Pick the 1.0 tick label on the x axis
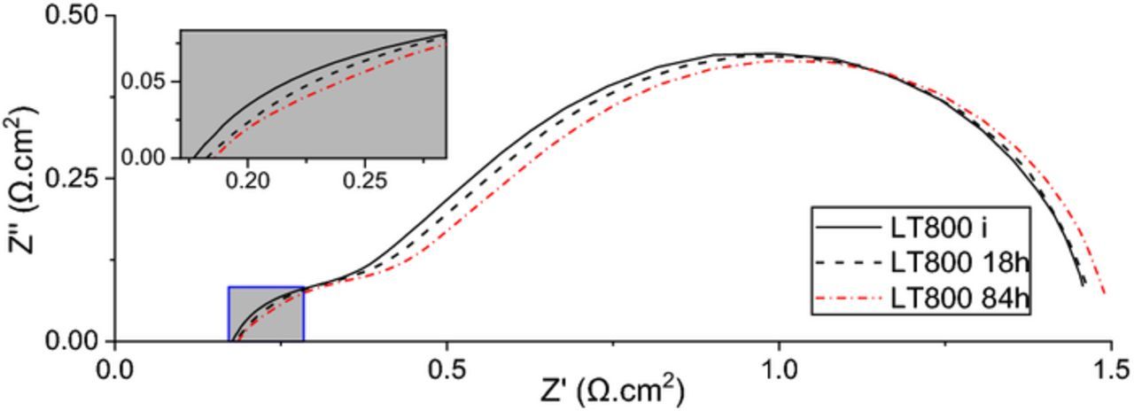click(778, 367)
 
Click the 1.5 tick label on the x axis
click(1109, 367)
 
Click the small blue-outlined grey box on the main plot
click(267, 314)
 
